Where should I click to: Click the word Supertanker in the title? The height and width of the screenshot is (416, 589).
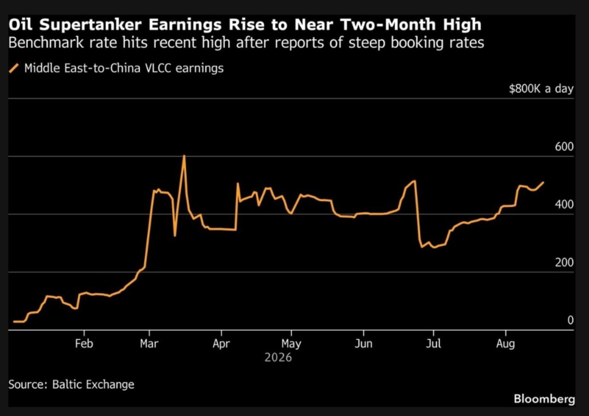[x=91, y=25]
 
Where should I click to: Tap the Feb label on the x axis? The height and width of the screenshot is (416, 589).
[x=84, y=343]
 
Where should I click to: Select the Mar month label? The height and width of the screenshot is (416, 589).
[x=149, y=343]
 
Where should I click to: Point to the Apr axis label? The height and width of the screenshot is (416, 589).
[x=221, y=344]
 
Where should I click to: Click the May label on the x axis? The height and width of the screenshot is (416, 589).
[x=291, y=344]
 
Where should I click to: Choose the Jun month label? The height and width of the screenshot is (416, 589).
[x=364, y=343]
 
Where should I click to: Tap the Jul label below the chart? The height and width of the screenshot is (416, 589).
[x=433, y=343]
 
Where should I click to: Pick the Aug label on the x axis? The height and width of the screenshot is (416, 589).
[x=505, y=344]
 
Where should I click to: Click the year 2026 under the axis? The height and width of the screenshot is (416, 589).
[x=278, y=358]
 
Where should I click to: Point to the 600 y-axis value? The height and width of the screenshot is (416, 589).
[x=564, y=147]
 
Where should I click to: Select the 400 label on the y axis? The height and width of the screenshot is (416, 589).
[x=564, y=205]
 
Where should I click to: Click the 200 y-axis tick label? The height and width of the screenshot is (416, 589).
[x=564, y=262]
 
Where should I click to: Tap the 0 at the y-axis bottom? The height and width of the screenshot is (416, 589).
[x=570, y=320]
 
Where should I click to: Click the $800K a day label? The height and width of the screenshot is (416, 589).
[x=541, y=89]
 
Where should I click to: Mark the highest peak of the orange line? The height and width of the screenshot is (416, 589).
[x=184, y=155]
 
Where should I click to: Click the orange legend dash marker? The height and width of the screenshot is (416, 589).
[x=14, y=68]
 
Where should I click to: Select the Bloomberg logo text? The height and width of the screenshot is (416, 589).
[x=544, y=399]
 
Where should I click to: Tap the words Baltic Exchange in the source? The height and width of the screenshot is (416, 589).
[x=93, y=384]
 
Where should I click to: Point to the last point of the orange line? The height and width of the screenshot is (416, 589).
[x=543, y=182]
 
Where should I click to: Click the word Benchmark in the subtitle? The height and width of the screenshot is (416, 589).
[x=46, y=43]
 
